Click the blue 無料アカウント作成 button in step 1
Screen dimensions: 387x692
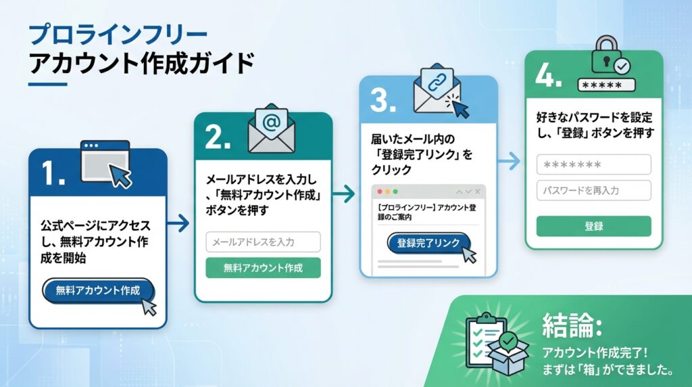tap(98, 290)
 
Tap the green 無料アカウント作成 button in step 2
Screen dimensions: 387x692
tap(263, 267)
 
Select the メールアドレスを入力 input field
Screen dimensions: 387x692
tap(263, 242)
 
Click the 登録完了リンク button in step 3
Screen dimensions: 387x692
tap(428, 244)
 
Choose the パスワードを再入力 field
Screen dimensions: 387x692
tap(593, 190)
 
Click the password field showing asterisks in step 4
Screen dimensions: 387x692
tap(593, 164)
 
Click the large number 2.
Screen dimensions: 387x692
tap(218, 136)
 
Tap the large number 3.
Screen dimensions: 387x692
tap(383, 100)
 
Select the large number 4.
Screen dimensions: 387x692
tap(549, 75)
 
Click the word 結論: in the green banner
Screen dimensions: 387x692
tap(572, 326)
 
